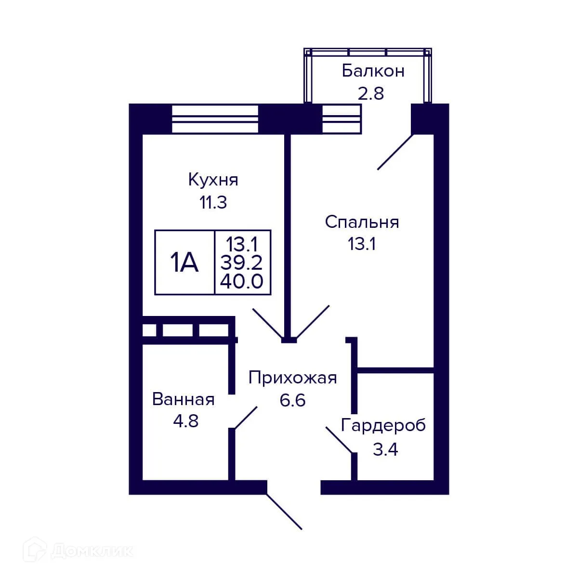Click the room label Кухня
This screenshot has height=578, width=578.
(x=213, y=181)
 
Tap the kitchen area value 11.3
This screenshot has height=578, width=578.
(x=213, y=203)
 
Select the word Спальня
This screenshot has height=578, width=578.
(x=362, y=223)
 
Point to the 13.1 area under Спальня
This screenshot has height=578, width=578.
(x=362, y=244)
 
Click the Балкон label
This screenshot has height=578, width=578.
(x=373, y=71)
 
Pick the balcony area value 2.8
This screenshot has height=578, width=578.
(x=370, y=93)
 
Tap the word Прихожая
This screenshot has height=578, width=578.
(x=292, y=378)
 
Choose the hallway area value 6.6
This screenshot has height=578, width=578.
(x=293, y=400)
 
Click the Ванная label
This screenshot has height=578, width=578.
(x=184, y=399)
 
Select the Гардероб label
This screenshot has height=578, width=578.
(x=383, y=426)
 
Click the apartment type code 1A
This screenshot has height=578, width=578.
(x=184, y=263)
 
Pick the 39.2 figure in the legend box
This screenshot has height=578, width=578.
(x=242, y=263)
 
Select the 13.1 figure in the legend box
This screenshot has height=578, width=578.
(x=242, y=245)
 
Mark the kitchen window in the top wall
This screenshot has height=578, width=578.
(x=215, y=118)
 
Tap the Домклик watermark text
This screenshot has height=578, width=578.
(x=92, y=551)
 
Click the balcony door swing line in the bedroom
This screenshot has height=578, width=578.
(x=395, y=152)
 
